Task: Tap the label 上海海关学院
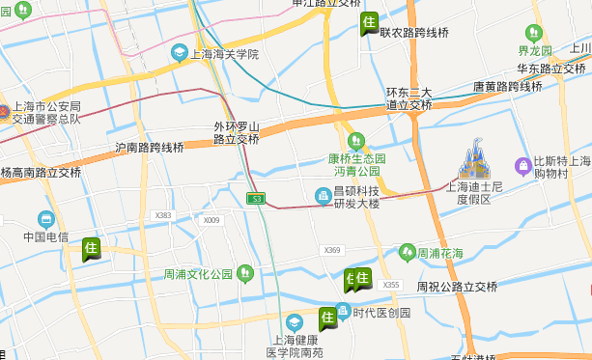click(x=226, y=54)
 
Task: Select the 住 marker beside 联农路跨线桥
click(x=368, y=23)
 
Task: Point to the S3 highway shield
click(x=255, y=198)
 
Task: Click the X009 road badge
click(x=211, y=221)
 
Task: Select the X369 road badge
click(x=333, y=250)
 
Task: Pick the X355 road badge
click(x=390, y=285)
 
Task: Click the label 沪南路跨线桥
click(x=150, y=148)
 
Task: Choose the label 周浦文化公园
click(x=198, y=274)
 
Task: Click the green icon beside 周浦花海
click(x=409, y=253)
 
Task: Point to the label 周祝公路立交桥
click(x=457, y=287)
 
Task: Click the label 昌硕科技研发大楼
click(x=356, y=197)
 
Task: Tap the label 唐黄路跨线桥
click(x=507, y=86)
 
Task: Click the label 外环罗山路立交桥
click(x=236, y=133)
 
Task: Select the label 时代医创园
click(x=381, y=313)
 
